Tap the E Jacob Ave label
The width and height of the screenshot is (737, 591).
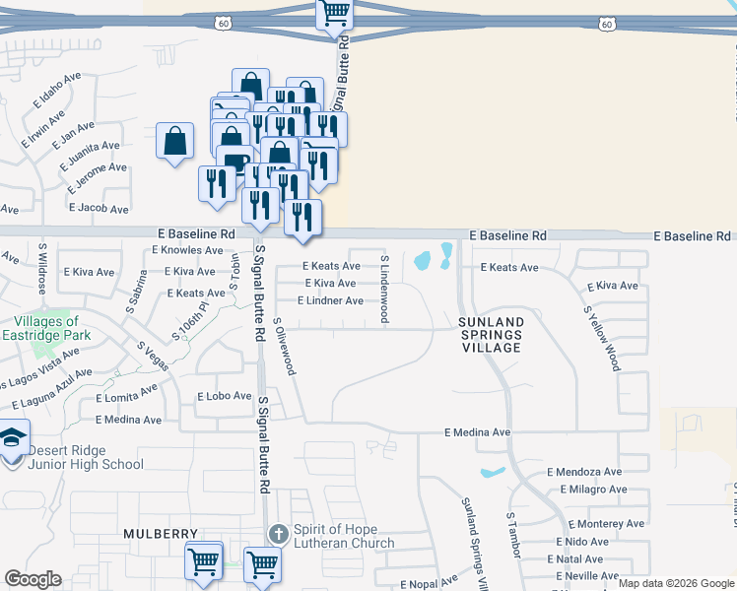[99, 209]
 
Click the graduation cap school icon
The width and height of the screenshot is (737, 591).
[13, 437]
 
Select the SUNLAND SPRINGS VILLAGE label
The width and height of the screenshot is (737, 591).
[490, 335]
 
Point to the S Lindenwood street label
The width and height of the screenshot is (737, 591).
[385, 288]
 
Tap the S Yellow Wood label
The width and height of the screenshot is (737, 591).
[602, 337]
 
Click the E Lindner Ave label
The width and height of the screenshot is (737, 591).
[330, 300]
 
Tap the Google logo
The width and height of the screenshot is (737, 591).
[33, 579]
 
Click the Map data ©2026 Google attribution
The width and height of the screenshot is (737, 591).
[675, 583]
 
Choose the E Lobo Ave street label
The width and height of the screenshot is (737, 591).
[226, 396]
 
